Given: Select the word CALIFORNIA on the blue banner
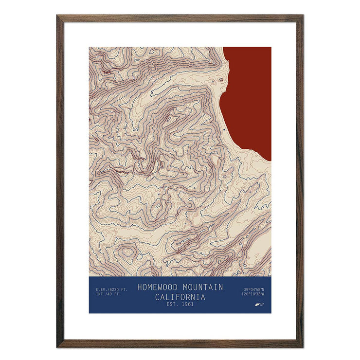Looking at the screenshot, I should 180,297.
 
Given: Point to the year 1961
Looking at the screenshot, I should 186,305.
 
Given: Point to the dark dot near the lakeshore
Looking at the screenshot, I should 224,130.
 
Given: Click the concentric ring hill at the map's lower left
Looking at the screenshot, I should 128,252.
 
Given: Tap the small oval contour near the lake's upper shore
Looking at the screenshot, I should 221,80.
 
